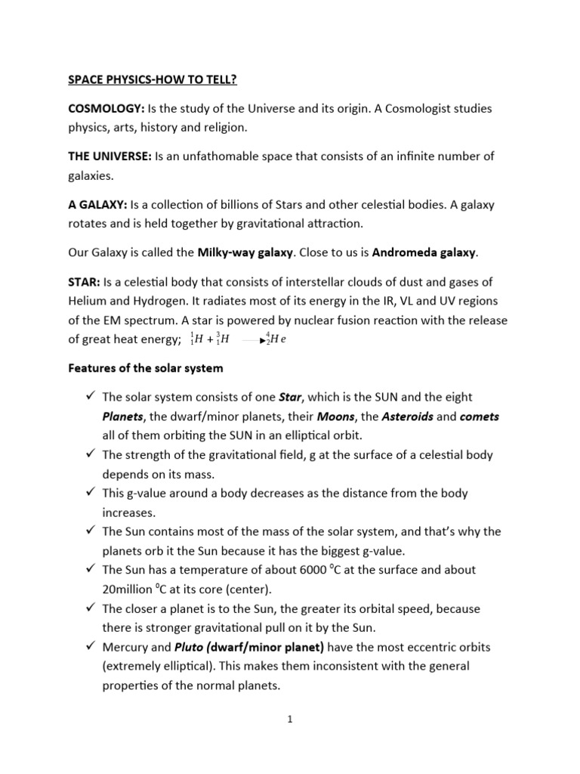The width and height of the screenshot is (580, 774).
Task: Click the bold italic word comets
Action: (479, 416)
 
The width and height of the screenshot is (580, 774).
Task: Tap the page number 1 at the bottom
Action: (290, 719)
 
